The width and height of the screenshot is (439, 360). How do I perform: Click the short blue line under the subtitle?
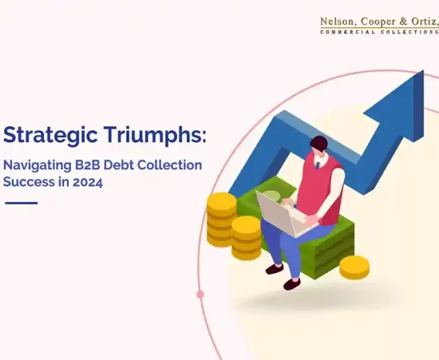(x=21, y=203)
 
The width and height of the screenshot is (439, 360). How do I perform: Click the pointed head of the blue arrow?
(x=404, y=94)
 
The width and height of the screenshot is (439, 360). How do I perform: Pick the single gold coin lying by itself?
(x=355, y=265)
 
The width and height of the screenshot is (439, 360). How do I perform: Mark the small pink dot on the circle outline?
(x=201, y=294)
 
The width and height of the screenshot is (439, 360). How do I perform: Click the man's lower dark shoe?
(x=291, y=283)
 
